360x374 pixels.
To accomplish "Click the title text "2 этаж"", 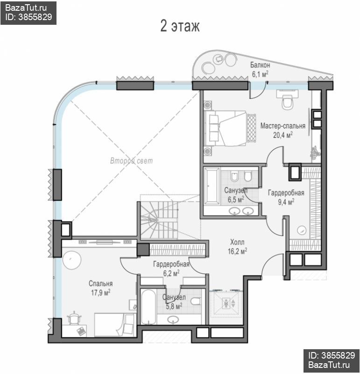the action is pyautogui.click(x=180, y=26).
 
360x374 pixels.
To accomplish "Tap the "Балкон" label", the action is pyautogui.click(x=260, y=65).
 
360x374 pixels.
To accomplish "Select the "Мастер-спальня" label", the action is pyautogui.click(x=283, y=126).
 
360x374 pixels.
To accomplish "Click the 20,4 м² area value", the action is pyautogui.click(x=283, y=135).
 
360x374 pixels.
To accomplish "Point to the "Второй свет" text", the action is pyautogui.click(x=131, y=161).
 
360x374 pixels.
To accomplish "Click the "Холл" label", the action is pyautogui.click(x=237, y=242).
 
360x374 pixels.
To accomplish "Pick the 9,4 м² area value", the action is pyautogui.click(x=286, y=202).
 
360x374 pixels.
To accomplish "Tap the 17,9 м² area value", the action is pyautogui.click(x=100, y=293).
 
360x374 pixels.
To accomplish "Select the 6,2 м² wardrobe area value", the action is pyautogui.click(x=171, y=273).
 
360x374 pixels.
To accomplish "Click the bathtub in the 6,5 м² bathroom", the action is pyautogui.click(x=212, y=186).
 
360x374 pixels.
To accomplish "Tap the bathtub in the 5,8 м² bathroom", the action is pyautogui.click(x=149, y=307).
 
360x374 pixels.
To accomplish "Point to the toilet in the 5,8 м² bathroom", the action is pyautogui.click(x=196, y=301).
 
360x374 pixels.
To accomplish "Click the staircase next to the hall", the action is pyautogui.click(x=159, y=220).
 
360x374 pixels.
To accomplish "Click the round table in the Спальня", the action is pyautogui.click(x=72, y=259).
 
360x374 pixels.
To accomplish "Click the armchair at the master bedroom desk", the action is pyautogui.click(x=288, y=102).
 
